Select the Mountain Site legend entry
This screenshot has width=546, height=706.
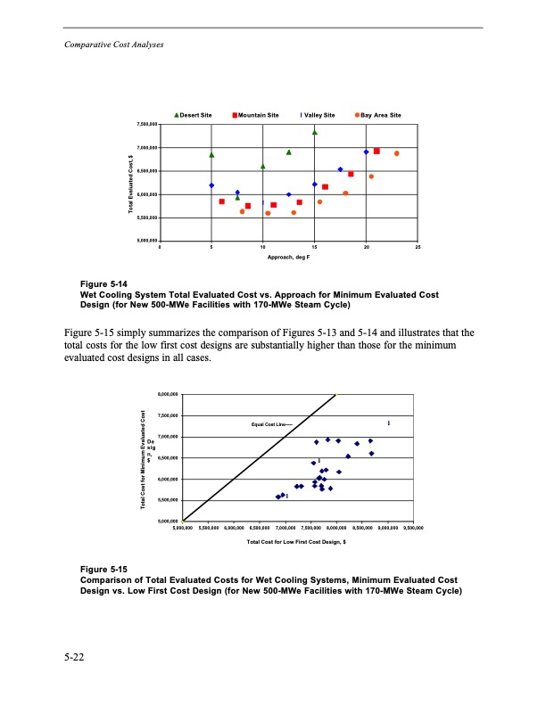pyautogui.click(x=255, y=115)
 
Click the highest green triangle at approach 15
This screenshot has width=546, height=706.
pyautogui.click(x=315, y=132)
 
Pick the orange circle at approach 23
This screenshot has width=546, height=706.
pyautogui.click(x=397, y=153)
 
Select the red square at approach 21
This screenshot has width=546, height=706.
pyautogui.click(x=376, y=151)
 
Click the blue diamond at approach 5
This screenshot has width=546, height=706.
pyautogui.click(x=211, y=185)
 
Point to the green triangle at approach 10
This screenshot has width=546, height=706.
pyautogui.click(x=263, y=166)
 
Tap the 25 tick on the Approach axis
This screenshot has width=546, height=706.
pyautogui.click(x=418, y=247)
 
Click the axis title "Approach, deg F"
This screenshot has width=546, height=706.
pyautogui.click(x=289, y=257)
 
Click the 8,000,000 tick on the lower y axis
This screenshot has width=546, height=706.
pyautogui.click(x=167, y=394)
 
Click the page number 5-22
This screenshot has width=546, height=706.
pyautogui.click(x=74, y=659)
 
